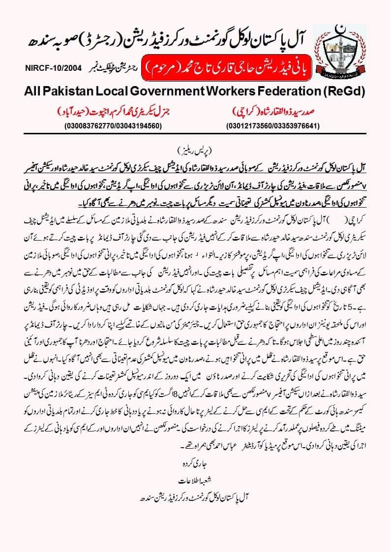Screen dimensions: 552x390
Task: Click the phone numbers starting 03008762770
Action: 114,126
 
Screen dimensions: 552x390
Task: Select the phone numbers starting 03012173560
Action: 273,126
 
